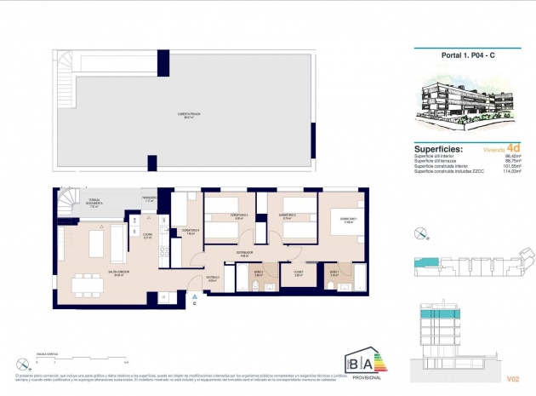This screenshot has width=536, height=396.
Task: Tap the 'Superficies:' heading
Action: [x=438, y=147]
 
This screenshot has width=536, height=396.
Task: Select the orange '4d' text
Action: [x=512, y=146]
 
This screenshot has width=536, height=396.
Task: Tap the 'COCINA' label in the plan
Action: [x=147, y=235]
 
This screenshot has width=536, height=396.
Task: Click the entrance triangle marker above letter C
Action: [x=194, y=294]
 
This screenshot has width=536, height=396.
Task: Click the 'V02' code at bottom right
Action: [x=512, y=377]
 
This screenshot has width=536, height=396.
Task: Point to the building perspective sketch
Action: [x=460, y=101]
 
